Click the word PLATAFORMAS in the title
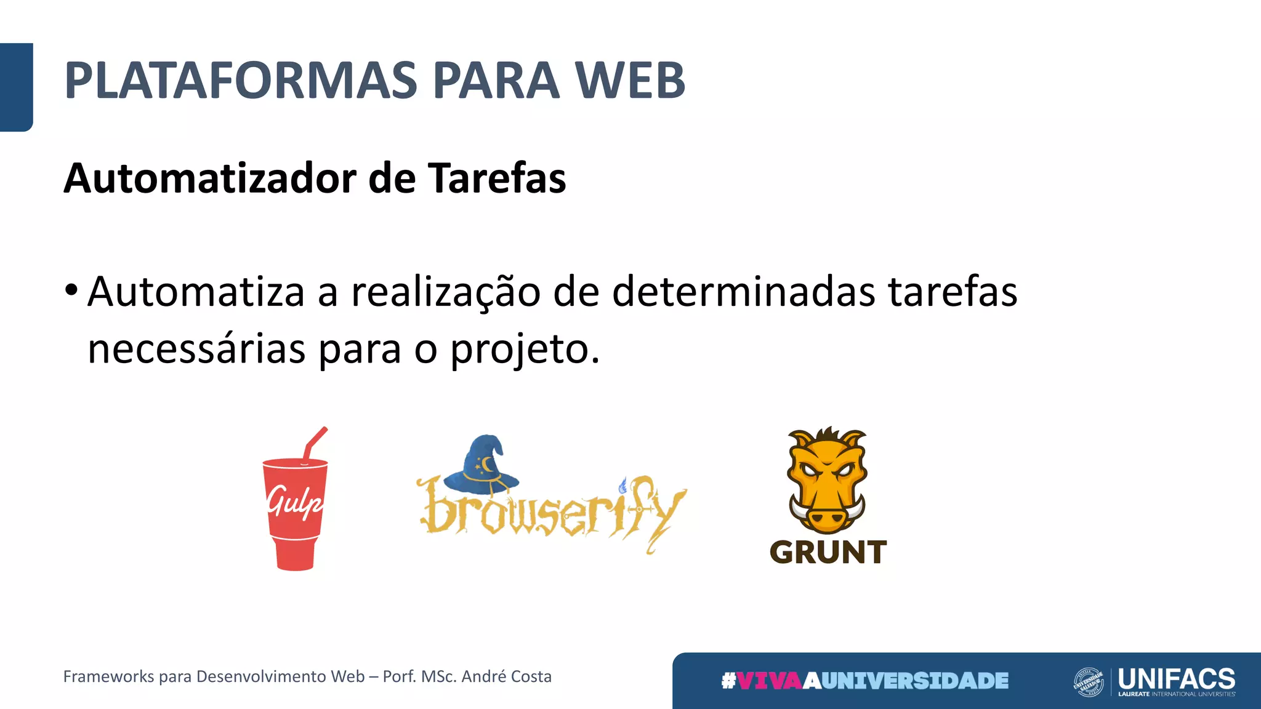(x=241, y=81)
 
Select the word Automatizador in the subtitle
(x=210, y=178)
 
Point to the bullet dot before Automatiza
(x=71, y=289)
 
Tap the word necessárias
(x=196, y=350)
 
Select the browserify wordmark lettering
(x=551, y=511)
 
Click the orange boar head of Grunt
(x=827, y=480)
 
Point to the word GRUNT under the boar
(x=828, y=552)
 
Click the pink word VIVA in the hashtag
(x=770, y=681)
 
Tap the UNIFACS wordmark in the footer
(x=1177, y=678)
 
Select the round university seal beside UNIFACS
(x=1089, y=682)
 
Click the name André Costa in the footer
(x=506, y=676)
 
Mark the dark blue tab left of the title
(x=16, y=87)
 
